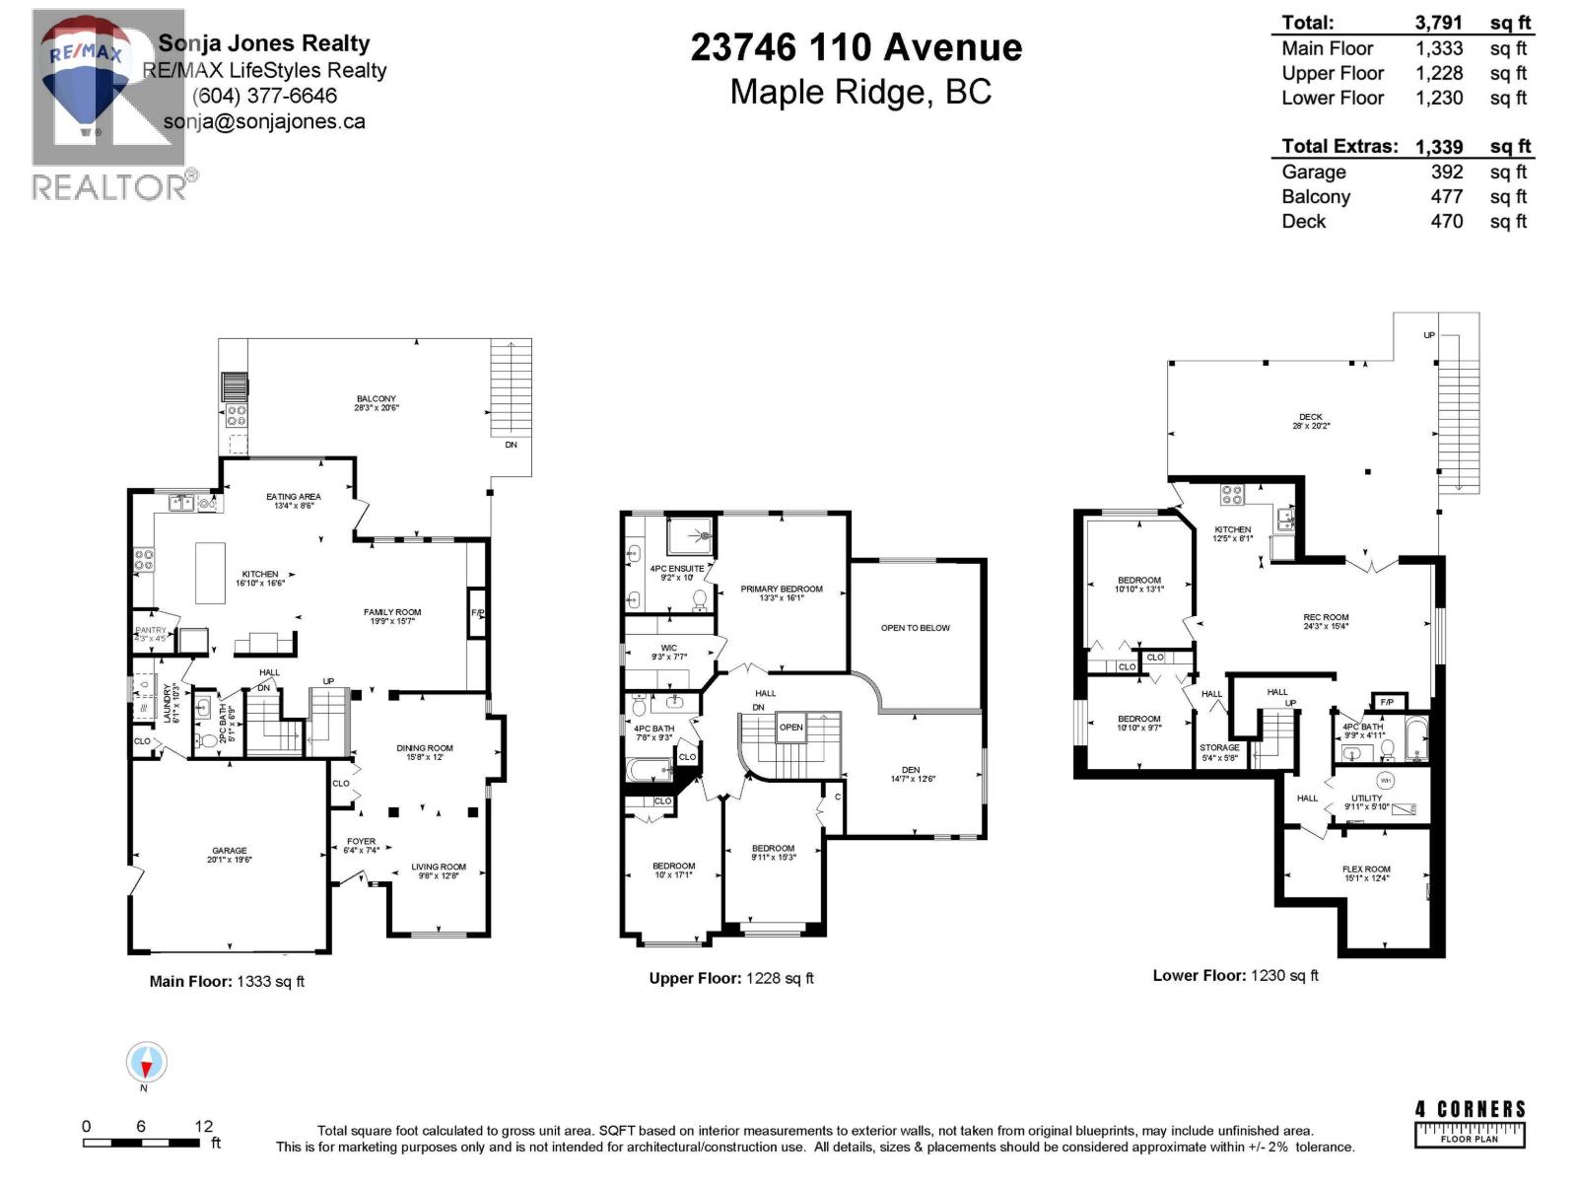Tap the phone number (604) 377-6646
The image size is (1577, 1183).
264,96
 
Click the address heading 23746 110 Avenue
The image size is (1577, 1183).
856,47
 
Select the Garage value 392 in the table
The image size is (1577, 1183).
1446,172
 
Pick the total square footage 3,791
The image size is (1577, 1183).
1438,23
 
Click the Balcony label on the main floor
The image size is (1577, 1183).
377,399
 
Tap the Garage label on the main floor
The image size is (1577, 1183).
229,851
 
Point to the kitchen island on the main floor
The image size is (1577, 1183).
210,573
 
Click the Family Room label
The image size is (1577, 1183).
392,612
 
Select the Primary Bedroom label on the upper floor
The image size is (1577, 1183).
782,590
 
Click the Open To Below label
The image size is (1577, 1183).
916,628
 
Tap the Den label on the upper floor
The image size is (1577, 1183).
911,770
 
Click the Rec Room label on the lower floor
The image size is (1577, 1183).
1326,618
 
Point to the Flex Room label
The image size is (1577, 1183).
1366,870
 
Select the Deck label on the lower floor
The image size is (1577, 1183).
1310,417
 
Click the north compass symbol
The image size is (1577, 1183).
146,1063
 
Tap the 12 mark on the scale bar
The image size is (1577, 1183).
203,1126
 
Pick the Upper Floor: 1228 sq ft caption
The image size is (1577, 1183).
730,978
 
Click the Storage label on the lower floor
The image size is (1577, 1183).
1219,748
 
